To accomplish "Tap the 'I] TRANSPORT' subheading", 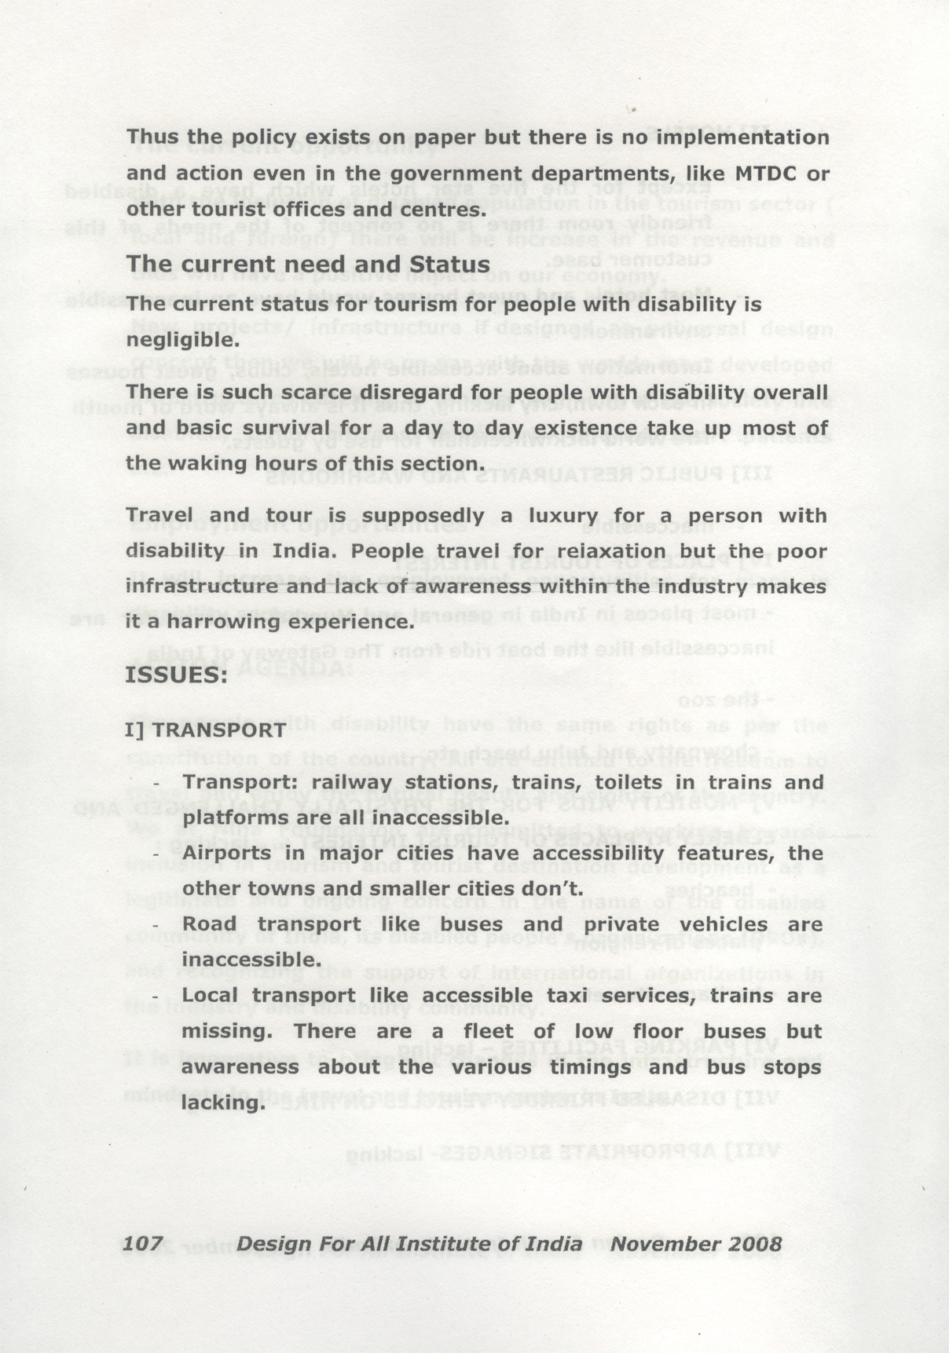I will pos(205,730).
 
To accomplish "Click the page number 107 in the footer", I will pos(143,1244).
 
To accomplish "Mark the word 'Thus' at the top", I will pos(152,137).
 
